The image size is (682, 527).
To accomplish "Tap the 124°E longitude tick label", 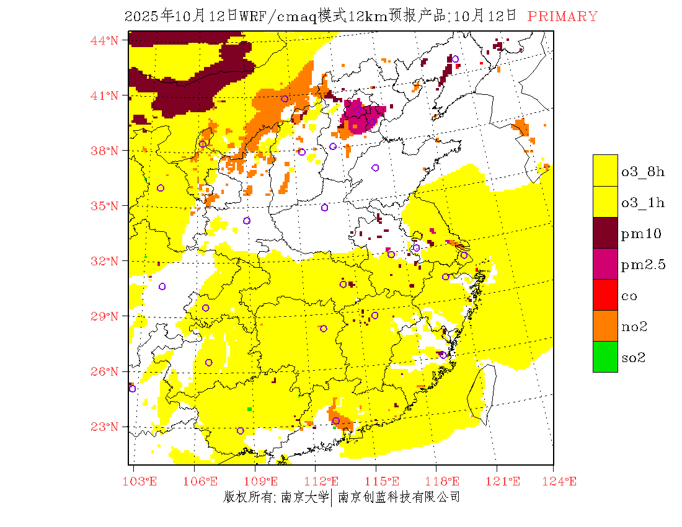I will [x=562, y=481].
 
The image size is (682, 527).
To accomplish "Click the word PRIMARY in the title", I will [x=562, y=17].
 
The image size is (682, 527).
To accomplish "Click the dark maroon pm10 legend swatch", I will [x=605, y=232].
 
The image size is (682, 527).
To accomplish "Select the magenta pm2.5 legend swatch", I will [x=605, y=263].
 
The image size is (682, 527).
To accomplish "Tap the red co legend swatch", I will [x=605, y=294].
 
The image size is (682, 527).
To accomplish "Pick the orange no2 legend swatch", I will [x=605, y=325].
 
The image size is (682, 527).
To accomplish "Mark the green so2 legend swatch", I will [x=605, y=356].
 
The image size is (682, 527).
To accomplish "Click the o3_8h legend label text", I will [x=643, y=172].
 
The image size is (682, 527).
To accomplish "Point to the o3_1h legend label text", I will [x=643, y=203].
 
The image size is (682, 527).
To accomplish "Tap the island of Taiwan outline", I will [x=482, y=394].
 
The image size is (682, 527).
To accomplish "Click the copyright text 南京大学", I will [x=304, y=497].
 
